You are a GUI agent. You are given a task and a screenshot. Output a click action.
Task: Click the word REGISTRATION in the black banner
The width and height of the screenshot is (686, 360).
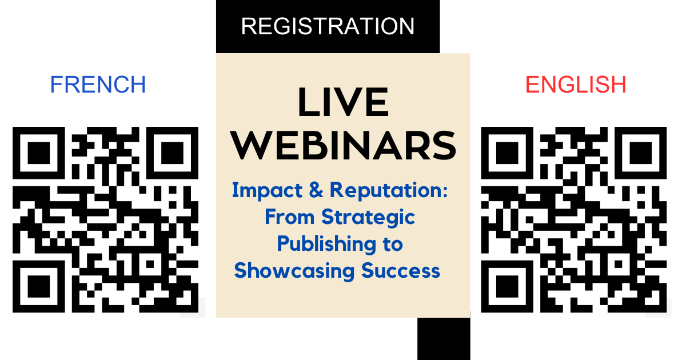(328, 26)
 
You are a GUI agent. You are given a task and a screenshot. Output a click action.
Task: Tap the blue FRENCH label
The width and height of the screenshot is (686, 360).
(98, 85)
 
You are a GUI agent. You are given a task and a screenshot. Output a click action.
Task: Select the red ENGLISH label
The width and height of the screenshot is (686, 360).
(576, 85)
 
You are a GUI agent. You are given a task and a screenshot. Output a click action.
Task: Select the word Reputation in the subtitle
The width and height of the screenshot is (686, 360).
(389, 191)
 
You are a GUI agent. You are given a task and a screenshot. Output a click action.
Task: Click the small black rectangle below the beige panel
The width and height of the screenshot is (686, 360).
(444, 338)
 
